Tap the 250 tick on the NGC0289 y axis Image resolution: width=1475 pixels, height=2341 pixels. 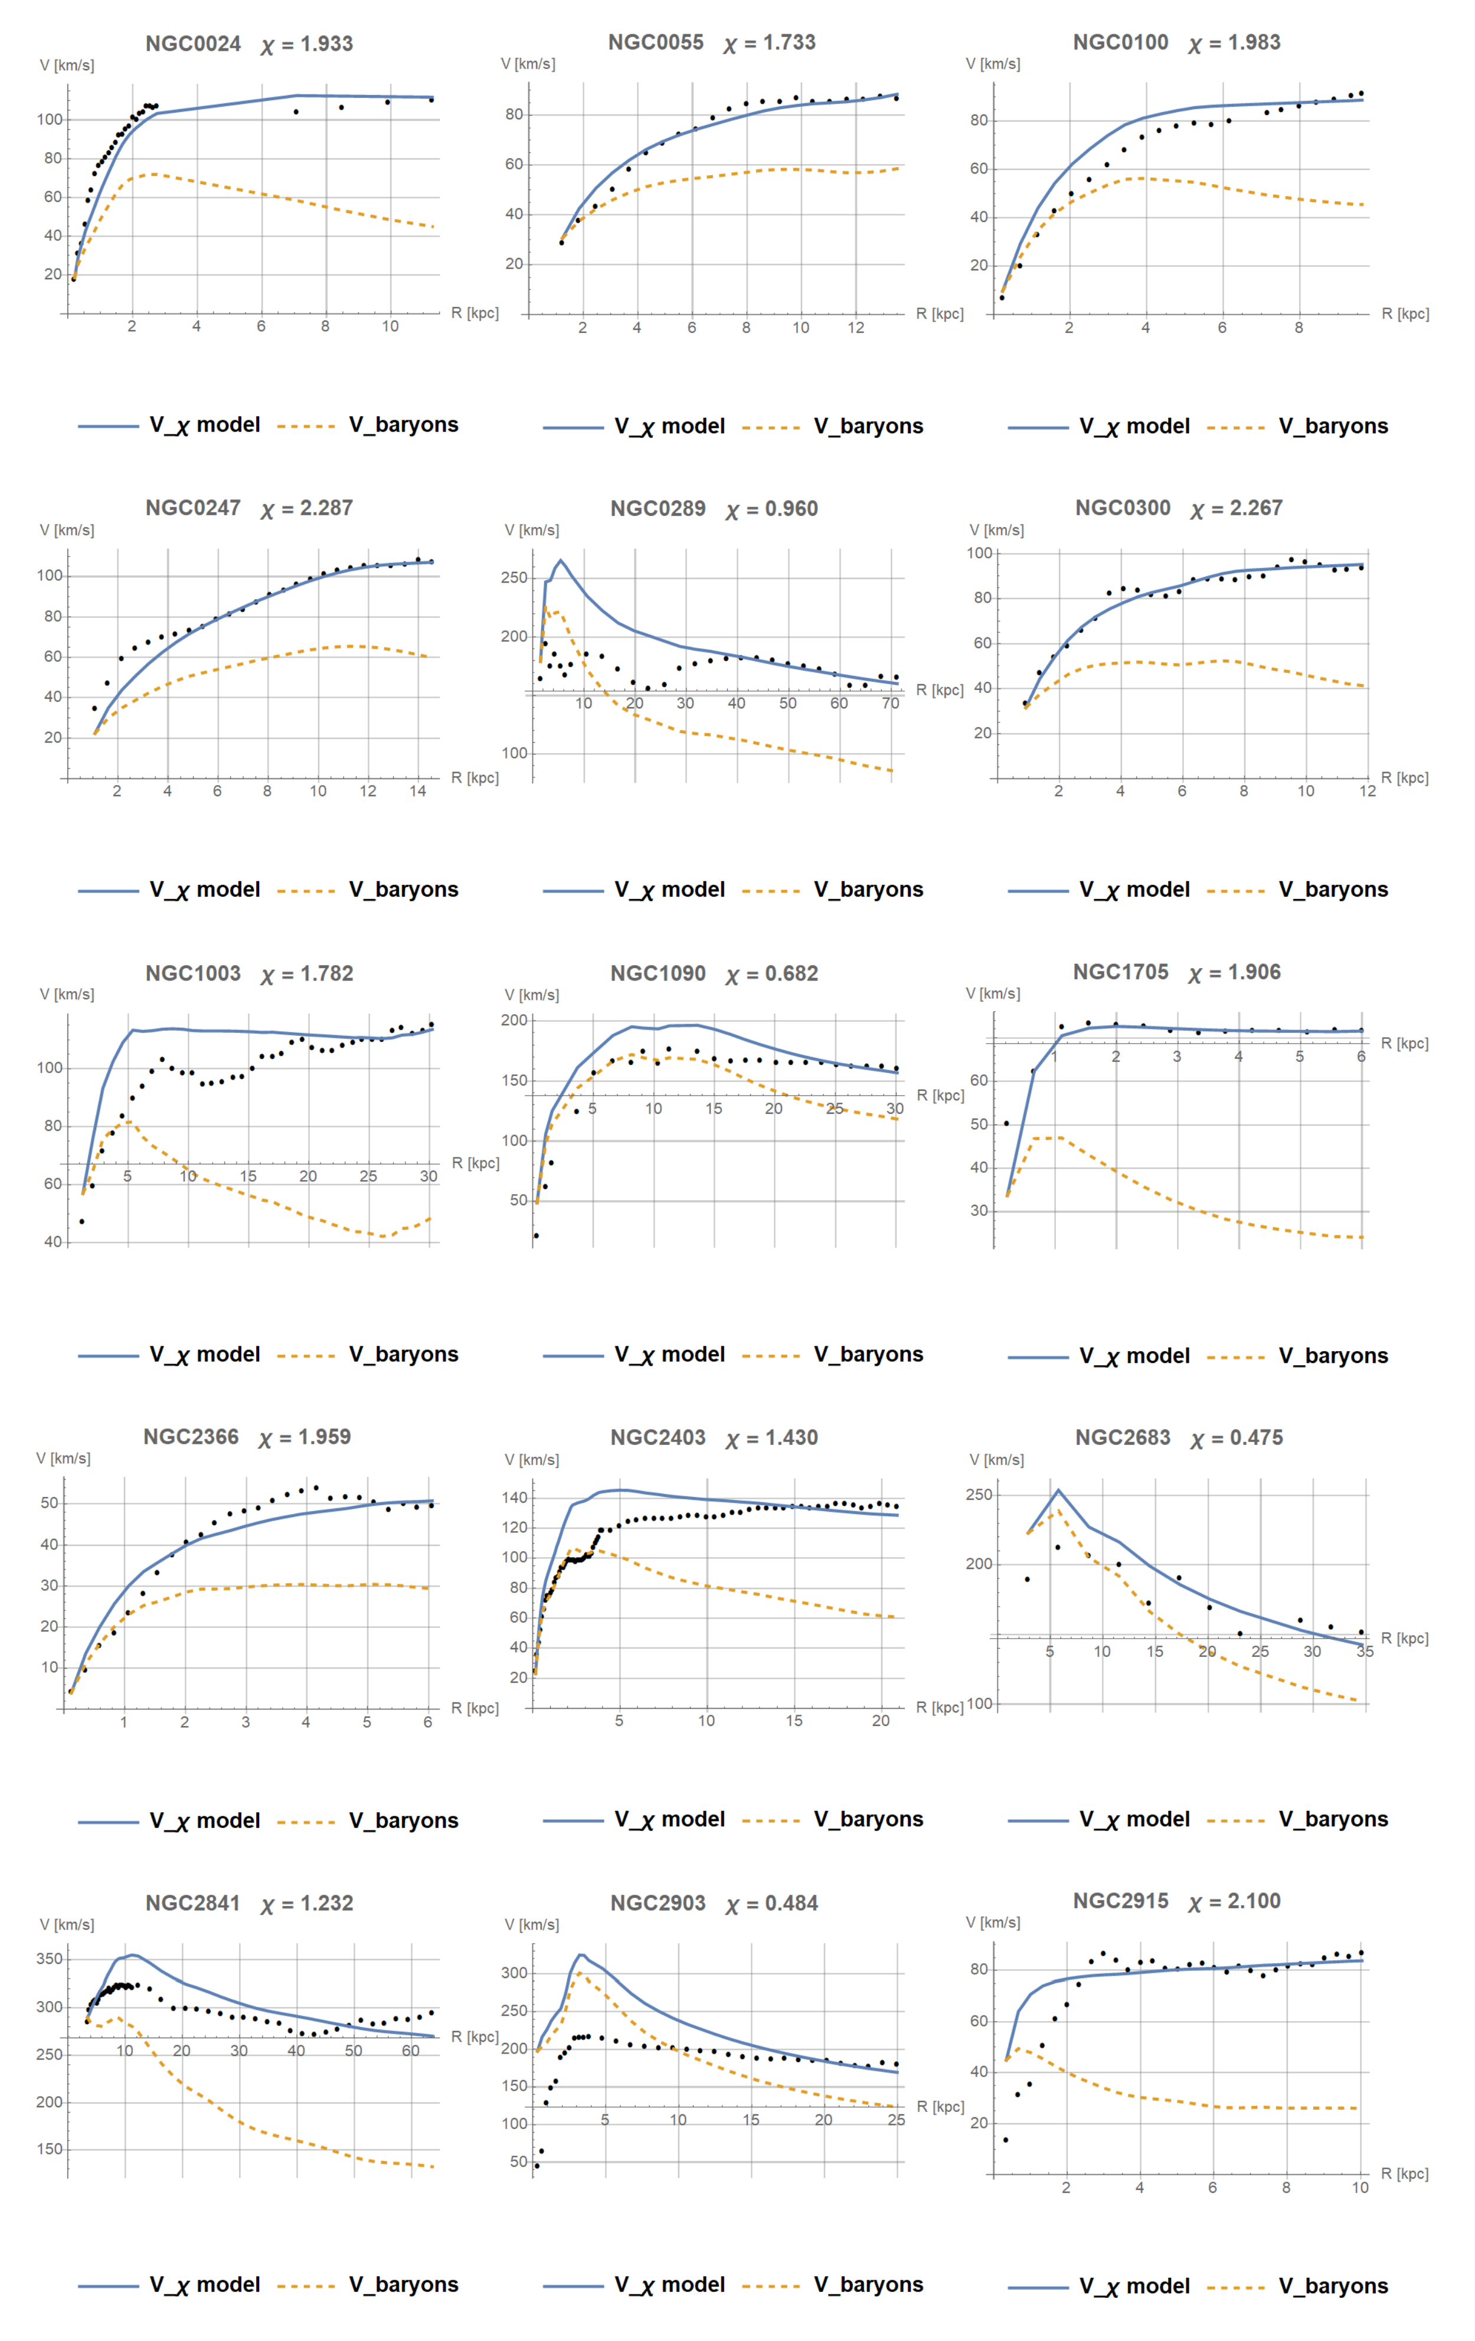514,577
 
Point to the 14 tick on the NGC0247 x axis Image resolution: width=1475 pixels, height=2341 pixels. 417,792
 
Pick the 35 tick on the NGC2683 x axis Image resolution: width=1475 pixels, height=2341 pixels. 1364,1652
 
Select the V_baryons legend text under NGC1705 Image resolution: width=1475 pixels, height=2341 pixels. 1333,1356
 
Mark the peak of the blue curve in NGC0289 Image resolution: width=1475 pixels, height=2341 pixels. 560,560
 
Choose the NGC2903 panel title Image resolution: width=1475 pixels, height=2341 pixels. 658,1904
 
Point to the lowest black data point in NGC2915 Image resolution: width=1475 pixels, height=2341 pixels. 1005,2140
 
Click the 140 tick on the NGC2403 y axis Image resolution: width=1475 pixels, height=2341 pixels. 514,1498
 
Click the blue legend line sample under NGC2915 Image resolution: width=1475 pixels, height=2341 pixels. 1038,2287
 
